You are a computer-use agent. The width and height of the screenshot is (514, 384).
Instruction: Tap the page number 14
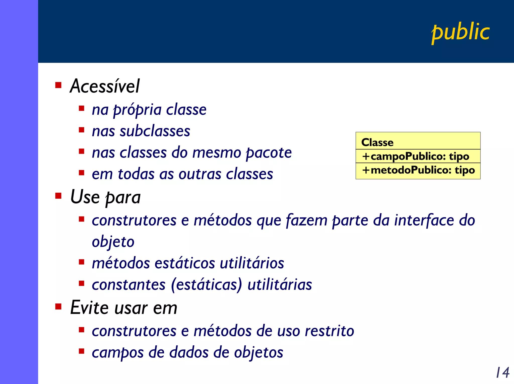[502, 372]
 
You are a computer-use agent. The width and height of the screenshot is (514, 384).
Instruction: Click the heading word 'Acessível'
[105, 86]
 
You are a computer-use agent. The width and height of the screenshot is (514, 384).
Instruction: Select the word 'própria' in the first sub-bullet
[137, 110]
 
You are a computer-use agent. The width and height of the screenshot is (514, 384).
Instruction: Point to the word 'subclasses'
[155, 131]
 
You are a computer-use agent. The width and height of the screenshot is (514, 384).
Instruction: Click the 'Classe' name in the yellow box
[377, 142]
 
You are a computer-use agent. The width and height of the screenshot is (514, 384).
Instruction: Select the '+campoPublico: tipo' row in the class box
[416, 156]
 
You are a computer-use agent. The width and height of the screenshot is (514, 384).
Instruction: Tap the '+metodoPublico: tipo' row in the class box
[418, 170]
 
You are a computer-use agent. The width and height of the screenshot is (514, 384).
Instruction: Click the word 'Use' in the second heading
[85, 197]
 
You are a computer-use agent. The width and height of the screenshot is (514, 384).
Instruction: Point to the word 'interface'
[424, 220]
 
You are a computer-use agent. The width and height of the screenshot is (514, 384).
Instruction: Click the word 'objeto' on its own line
[113, 242]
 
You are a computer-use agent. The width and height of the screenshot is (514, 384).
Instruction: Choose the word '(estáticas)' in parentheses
[206, 285]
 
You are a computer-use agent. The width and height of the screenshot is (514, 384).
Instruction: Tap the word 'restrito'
[329, 331]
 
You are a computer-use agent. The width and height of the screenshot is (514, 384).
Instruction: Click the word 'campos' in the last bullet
[118, 353]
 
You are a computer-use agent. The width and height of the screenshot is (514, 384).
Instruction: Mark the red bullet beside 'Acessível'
[58, 85]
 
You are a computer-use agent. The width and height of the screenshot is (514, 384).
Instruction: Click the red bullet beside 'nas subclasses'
[81, 130]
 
